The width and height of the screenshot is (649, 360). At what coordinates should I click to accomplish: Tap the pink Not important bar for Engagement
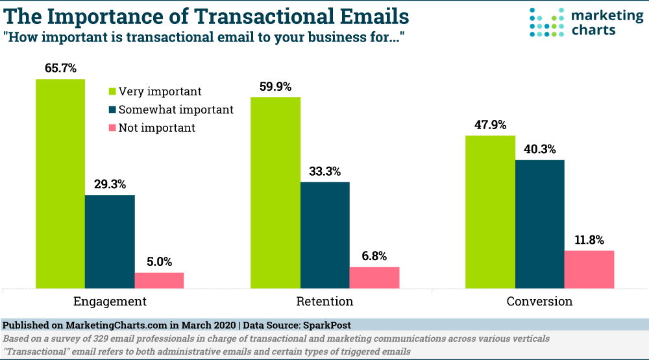(x=159, y=280)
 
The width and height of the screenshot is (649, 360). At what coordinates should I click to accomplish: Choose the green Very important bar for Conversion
(x=490, y=211)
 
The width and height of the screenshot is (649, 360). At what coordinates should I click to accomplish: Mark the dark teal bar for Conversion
(x=540, y=224)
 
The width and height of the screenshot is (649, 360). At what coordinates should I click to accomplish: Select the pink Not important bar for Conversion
(x=589, y=269)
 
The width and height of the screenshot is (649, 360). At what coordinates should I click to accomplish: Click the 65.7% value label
(x=60, y=68)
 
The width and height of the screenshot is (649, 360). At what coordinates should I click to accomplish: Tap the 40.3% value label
(x=540, y=149)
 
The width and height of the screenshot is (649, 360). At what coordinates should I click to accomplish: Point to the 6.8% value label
(x=374, y=256)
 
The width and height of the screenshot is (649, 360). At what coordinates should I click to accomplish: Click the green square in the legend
(x=112, y=91)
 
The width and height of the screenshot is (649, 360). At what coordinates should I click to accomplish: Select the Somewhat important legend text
(x=176, y=110)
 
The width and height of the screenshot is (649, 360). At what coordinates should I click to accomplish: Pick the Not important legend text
(x=156, y=128)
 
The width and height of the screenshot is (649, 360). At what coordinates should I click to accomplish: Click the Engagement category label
(x=110, y=302)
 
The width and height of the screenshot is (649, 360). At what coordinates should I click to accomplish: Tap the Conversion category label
(x=539, y=302)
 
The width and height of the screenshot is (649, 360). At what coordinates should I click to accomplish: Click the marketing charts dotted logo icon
(x=546, y=22)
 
